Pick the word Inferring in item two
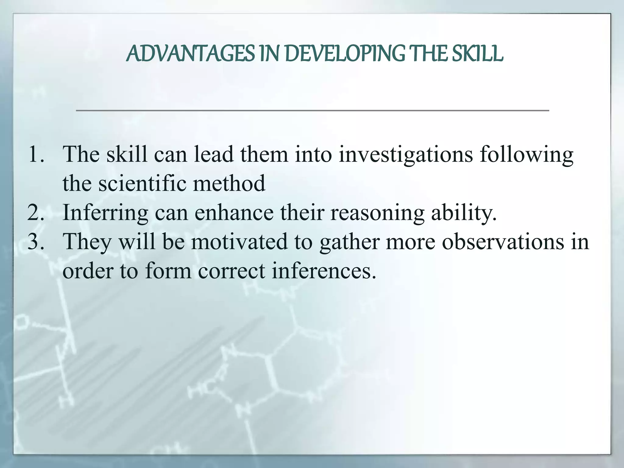[x=105, y=213]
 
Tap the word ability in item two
[x=463, y=213]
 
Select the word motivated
[x=239, y=242]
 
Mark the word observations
[x=503, y=242]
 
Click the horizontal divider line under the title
[x=312, y=111]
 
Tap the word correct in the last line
[x=232, y=271]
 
